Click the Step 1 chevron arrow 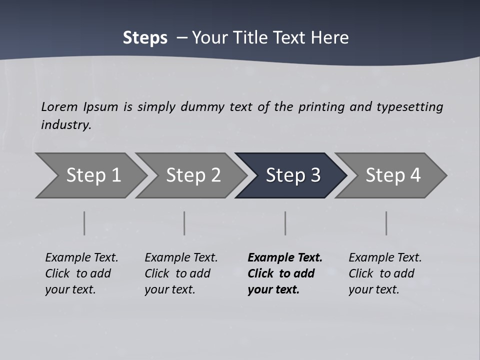tap(93, 175)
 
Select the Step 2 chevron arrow tap(193, 175)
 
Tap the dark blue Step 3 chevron tap(293, 175)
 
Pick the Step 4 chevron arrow tap(393, 175)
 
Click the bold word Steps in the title tap(145, 38)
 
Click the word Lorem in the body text tap(59, 106)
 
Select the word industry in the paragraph tap(66, 124)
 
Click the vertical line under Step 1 tap(84, 223)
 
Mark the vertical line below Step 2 tap(184, 223)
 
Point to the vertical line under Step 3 tap(285, 223)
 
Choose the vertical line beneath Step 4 tap(386, 223)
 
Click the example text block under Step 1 tap(81, 273)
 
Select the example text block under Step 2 tap(181, 273)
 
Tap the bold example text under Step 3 tap(285, 273)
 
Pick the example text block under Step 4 tap(385, 273)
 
